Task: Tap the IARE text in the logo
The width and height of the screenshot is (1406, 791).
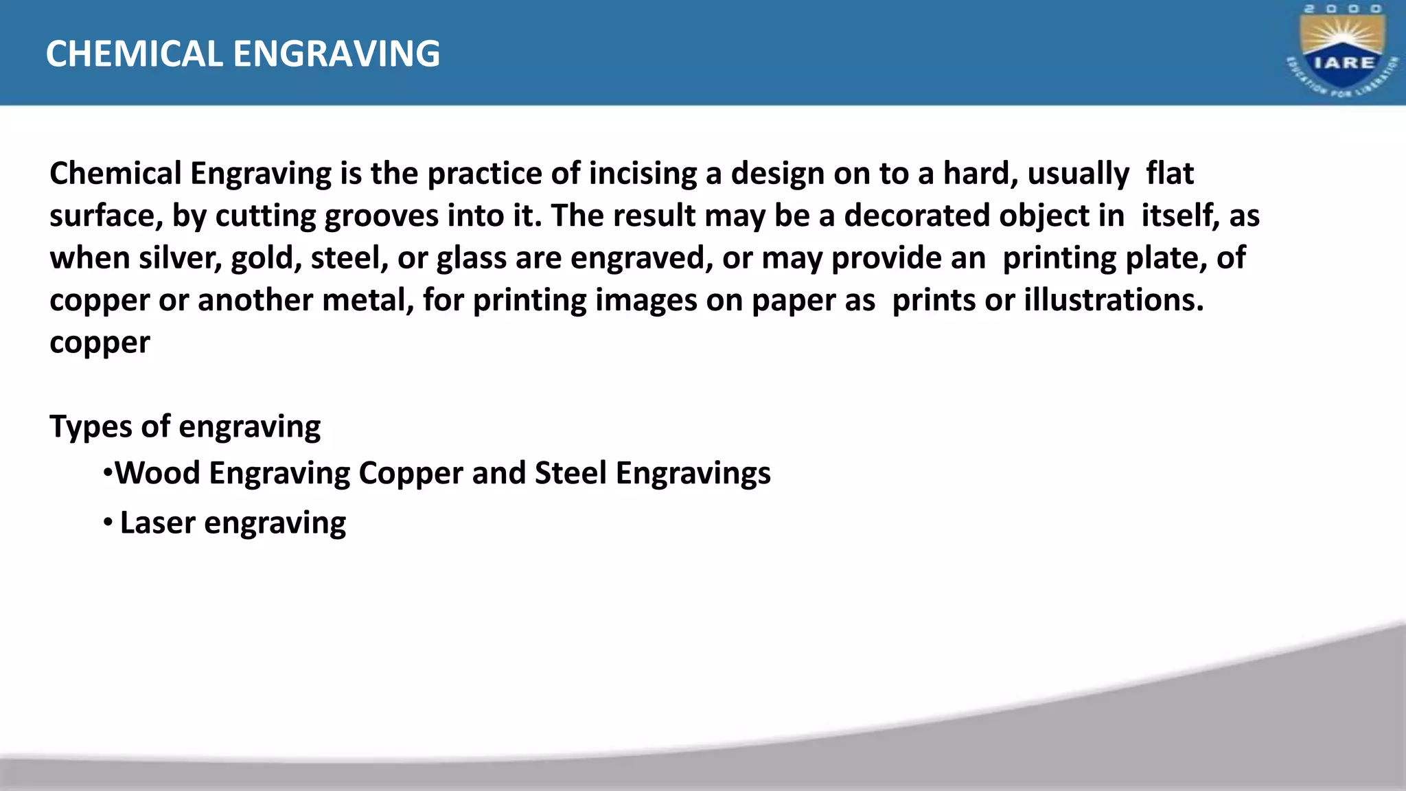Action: tap(1344, 62)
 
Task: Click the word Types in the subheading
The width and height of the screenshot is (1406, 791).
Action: tap(91, 427)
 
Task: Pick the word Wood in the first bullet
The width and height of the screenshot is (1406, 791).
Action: tap(157, 473)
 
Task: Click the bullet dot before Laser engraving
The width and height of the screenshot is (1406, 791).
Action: tap(108, 523)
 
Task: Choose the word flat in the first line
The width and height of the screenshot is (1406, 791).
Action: tap(1170, 174)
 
